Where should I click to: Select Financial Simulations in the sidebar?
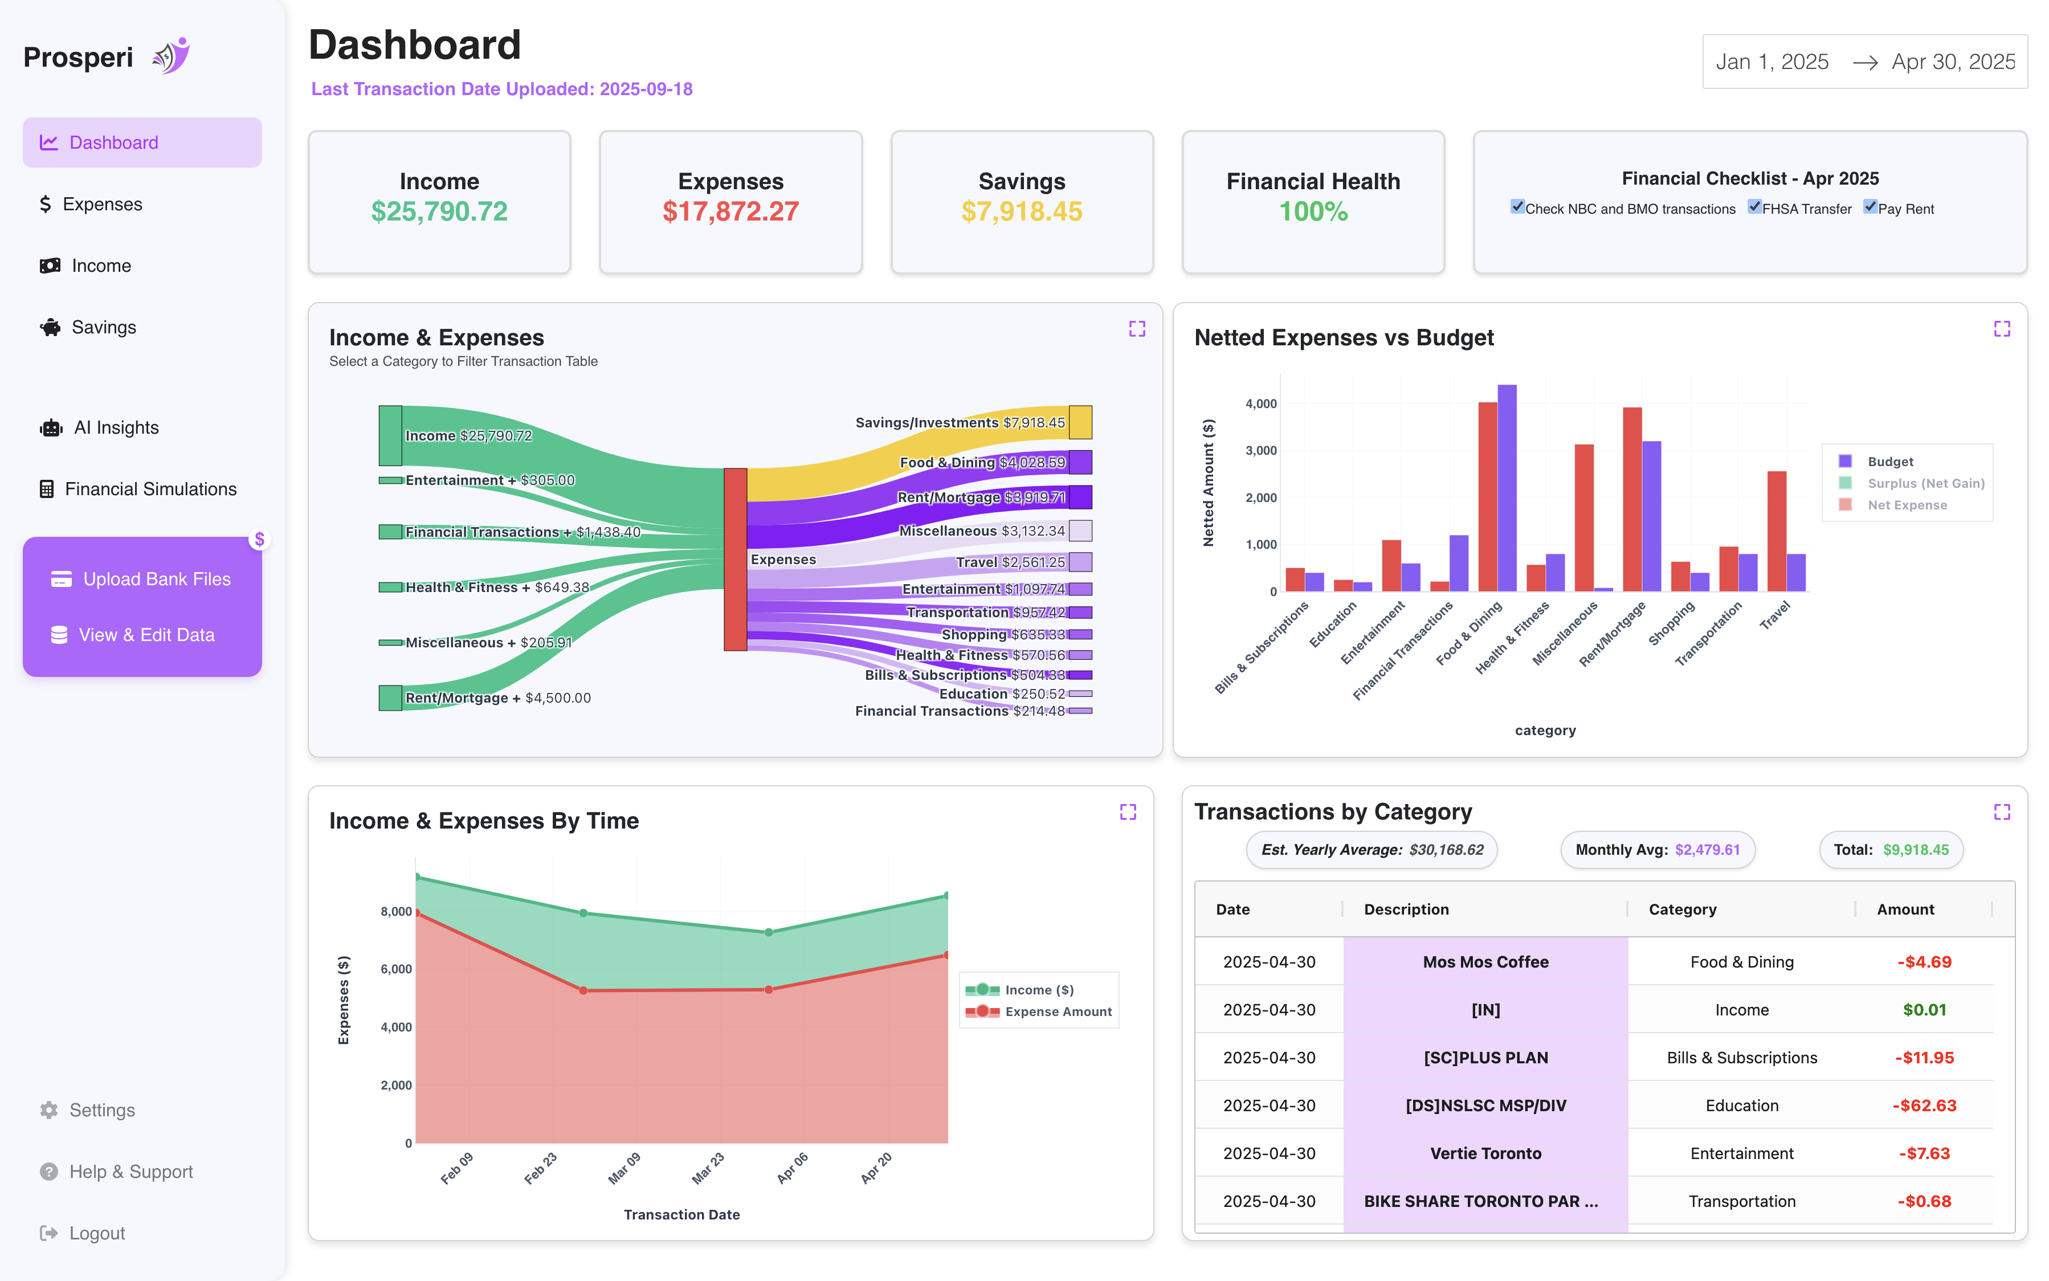pos(138,489)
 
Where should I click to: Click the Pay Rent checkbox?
pos(1870,207)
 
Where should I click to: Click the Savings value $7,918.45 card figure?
pos(1022,212)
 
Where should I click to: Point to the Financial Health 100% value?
pos(1312,212)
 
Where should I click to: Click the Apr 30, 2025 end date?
pos(1953,62)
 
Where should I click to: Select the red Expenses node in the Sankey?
pos(734,559)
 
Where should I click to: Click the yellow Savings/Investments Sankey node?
pos(1080,422)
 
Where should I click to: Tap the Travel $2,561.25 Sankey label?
pos(1010,562)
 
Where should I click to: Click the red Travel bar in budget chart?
pos(1776,531)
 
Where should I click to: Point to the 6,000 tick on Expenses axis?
pos(395,969)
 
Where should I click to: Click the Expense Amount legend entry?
pos(1057,1011)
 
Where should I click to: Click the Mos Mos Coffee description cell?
pos(1485,961)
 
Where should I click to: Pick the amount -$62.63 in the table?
pos(1924,1105)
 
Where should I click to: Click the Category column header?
pos(1681,909)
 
